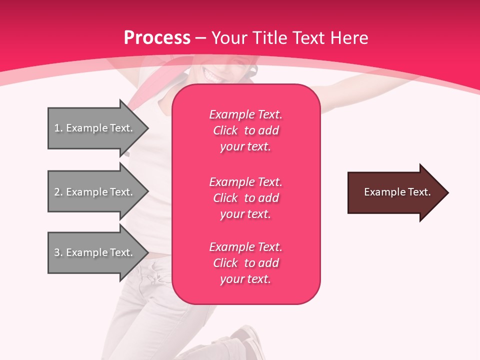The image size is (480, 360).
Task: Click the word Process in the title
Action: (157, 38)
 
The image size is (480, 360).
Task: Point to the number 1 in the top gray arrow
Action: (57, 128)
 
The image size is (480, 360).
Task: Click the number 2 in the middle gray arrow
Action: (57, 192)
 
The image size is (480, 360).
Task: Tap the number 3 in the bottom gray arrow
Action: (57, 252)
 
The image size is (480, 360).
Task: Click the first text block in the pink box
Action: (245, 130)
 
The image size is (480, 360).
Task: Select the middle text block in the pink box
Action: (245, 198)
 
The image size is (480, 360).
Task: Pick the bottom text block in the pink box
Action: (245, 263)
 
